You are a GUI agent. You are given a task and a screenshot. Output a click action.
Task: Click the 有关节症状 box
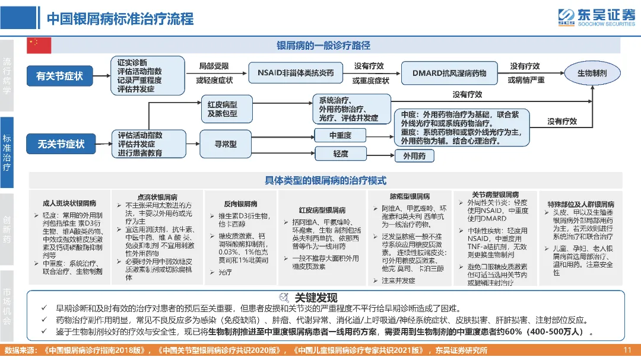60,76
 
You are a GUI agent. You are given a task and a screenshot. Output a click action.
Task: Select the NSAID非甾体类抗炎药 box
296,73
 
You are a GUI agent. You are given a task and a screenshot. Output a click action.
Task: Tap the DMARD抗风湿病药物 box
449,73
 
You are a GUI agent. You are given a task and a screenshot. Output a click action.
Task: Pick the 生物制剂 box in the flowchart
592,73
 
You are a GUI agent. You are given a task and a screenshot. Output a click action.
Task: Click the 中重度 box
340,136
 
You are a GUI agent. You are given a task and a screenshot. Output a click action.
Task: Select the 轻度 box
340,154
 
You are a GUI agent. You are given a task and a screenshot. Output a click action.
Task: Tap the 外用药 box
414,157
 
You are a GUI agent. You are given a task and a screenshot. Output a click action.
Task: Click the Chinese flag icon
40,45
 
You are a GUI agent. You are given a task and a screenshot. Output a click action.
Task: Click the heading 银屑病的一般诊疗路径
323,46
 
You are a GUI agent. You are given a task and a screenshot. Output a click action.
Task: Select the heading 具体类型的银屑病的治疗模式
325,180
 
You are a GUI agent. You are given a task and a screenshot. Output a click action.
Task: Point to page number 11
627,350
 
